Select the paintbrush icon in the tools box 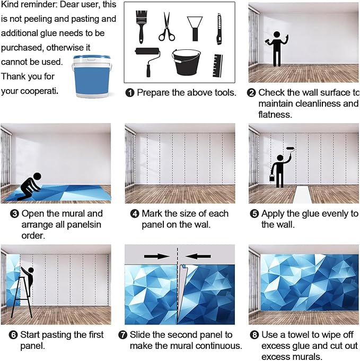[x=141, y=27]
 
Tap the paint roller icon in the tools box [x=147, y=61]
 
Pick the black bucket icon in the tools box [x=186, y=62]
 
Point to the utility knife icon [x=219, y=29]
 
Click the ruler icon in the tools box [x=217, y=66]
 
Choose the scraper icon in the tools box [x=195, y=29]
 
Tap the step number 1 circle [x=130, y=93]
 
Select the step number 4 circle [x=135, y=214]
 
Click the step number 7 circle [x=123, y=334]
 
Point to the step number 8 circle [x=254, y=334]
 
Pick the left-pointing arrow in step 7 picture [x=198, y=256]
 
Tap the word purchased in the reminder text [x=23, y=48]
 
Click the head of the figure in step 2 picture [x=277, y=35]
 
